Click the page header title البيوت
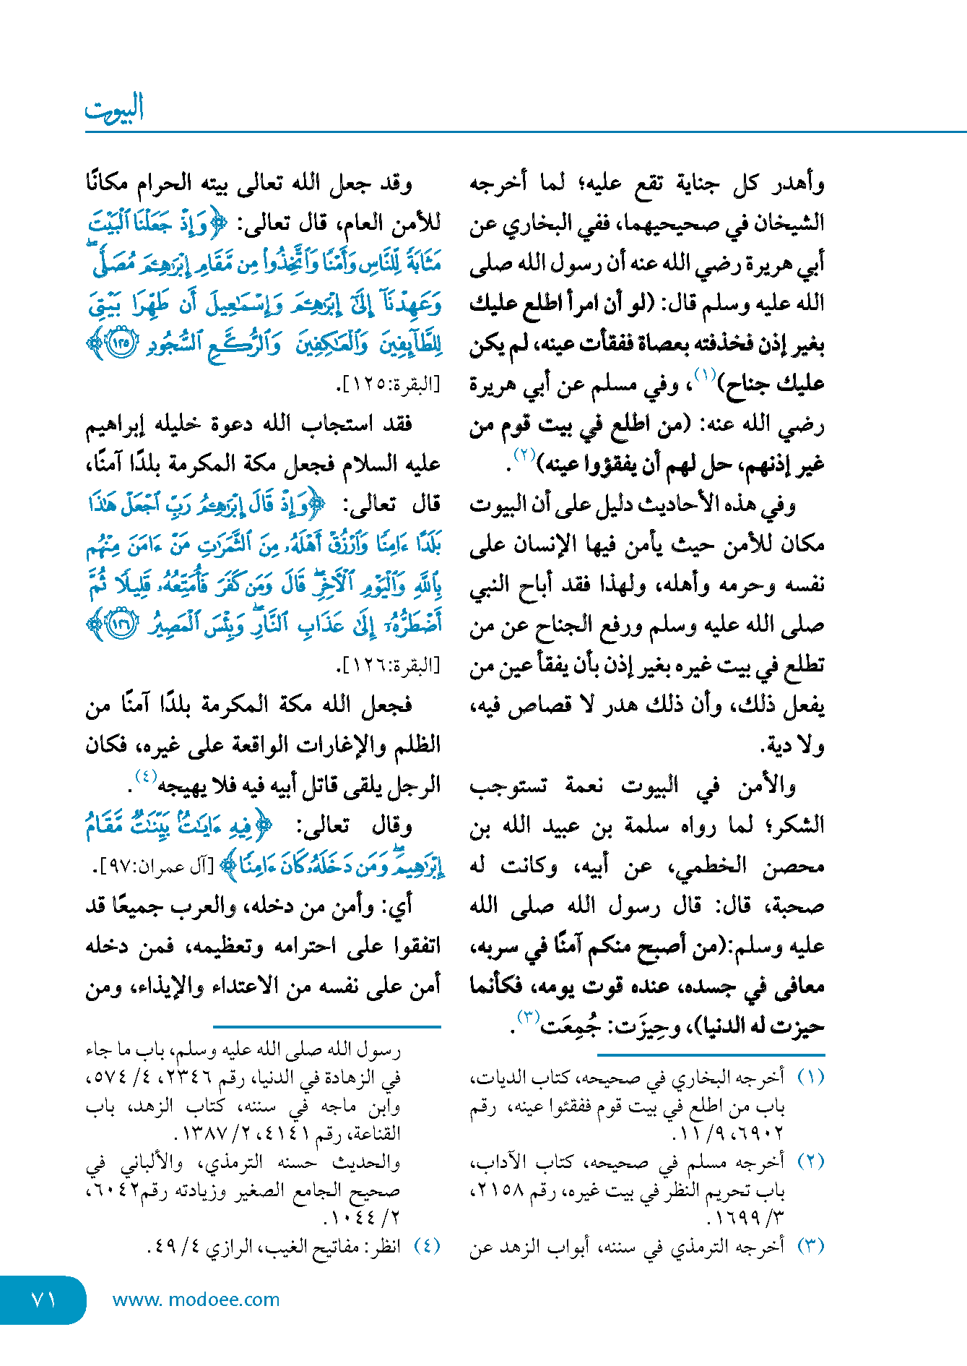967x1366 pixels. point(114,108)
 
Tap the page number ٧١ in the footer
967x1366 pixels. point(44,1300)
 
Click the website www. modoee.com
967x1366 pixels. point(196,1300)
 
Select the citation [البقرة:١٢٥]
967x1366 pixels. point(388,385)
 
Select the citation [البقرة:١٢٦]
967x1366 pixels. point(388,665)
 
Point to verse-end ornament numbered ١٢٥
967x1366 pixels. point(120,343)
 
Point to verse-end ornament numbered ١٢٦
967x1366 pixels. point(120,624)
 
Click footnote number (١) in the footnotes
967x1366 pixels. point(810,1078)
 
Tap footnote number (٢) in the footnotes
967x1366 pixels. point(810,1162)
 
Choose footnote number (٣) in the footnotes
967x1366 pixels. point(810,1246)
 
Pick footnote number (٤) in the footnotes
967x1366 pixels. point(427,1246)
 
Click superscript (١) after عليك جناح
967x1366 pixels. point(704,374)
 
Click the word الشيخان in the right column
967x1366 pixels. point(789,223)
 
